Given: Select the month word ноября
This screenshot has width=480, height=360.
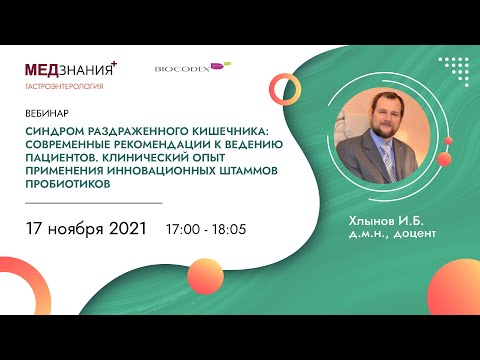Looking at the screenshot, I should [x=75, y=229].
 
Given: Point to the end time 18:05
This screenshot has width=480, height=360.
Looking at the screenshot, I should [x=229, y=230].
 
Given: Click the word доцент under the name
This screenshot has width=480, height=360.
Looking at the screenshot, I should [x=407, y=234].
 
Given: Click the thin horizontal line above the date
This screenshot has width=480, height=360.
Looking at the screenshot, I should [x=91, y=202].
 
